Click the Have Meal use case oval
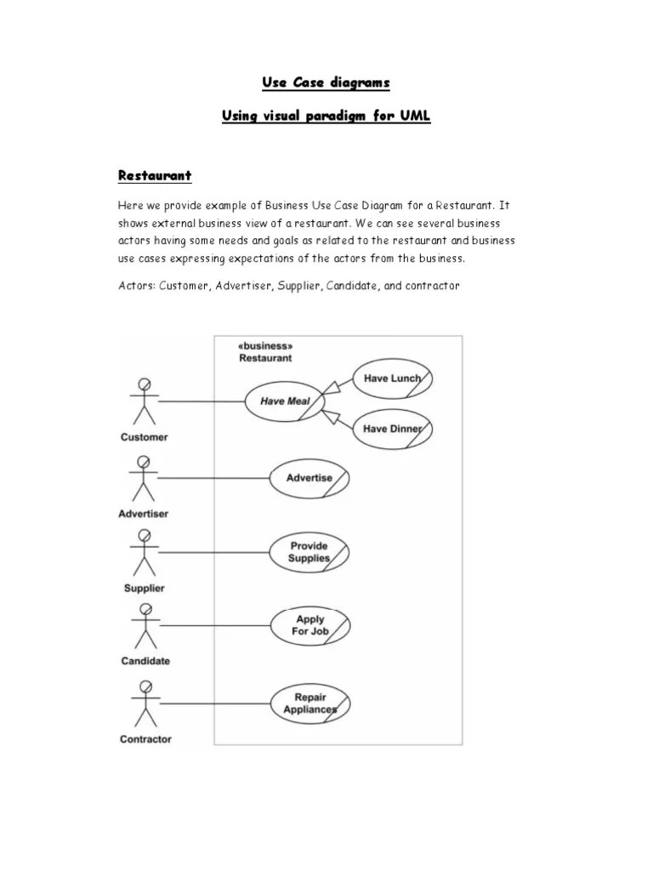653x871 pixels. tap(285, 401)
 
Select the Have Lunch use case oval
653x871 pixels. tap(392, 378)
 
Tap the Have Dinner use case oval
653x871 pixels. tap(392, 429)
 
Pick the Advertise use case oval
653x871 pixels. tap(309, 478)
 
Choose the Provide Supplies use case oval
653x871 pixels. tap(309, 552)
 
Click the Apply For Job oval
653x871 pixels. tap(310, 626)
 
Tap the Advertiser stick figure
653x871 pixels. tap(144, 478)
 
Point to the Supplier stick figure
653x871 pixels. tap(144, 552)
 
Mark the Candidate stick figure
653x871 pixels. tap(145, 626)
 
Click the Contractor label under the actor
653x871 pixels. tap(145, 739)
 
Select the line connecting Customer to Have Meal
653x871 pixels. tap(202, 401)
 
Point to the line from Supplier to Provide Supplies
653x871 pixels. tap(213, 552)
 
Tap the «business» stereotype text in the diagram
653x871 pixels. tap(265, 347)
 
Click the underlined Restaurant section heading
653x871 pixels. tap(155, 176)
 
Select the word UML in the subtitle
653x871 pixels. tap(412, 116)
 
